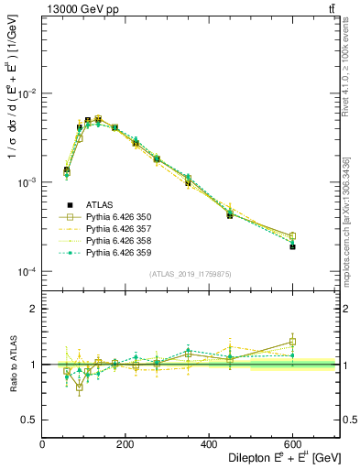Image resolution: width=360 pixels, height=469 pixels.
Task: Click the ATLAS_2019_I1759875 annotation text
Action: (191, 274)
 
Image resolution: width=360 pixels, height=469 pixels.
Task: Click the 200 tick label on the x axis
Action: (141, 444)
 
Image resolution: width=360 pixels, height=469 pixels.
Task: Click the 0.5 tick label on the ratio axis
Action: (30, 420)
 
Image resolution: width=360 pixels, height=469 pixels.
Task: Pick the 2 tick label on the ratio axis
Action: (34, 310)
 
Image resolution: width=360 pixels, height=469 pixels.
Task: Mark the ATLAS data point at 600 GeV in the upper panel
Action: (292, 246)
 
